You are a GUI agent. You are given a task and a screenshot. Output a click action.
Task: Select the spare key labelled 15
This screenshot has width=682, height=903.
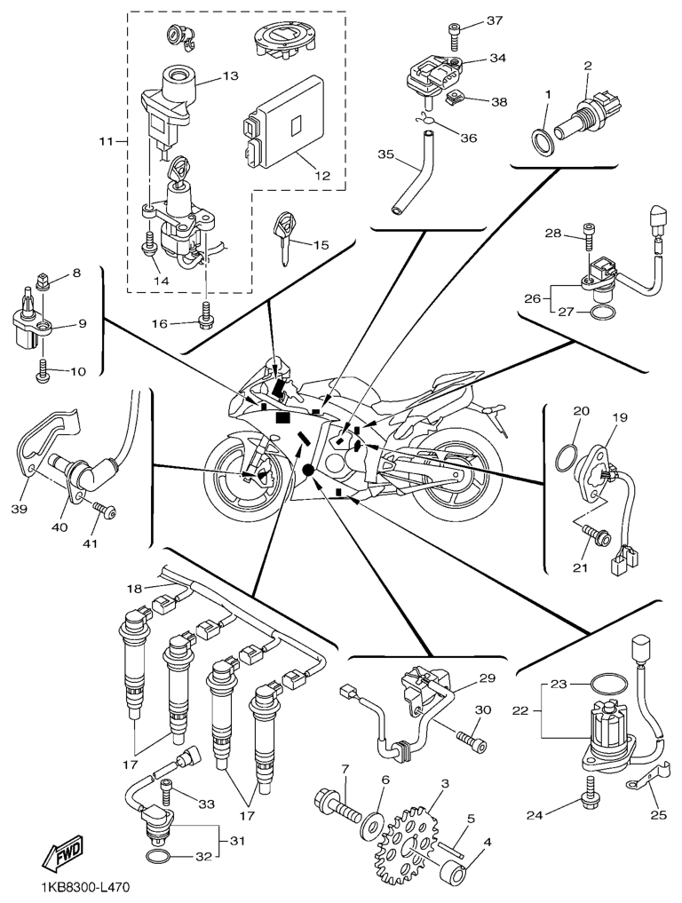[x=284, y=235]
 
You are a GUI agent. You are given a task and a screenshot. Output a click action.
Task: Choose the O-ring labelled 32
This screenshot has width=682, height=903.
[x=158, y=858]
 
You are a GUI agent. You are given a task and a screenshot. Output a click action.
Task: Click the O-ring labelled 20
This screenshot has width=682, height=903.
[x=567, y=455]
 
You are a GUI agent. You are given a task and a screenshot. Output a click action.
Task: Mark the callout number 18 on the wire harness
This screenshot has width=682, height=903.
[x=133, y=589]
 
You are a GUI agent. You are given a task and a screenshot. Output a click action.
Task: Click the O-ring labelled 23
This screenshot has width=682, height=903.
[x=605, y=685]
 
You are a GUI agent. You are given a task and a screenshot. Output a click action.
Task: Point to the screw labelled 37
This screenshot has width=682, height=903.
[x=456, y=33]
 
